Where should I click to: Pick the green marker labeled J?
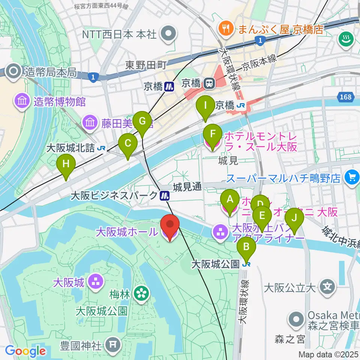294,218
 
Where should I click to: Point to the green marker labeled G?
142,121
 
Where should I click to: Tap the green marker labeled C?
128,143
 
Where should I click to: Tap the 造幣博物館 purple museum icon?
22,101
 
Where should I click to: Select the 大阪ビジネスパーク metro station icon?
164,195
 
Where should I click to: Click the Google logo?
25,351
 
